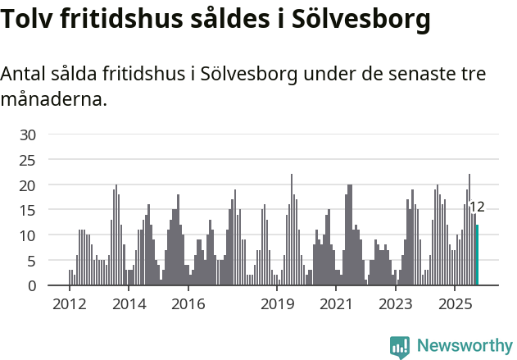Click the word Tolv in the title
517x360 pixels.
click(29, 19)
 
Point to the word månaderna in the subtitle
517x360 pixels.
click(53, 100)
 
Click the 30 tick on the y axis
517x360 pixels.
click(28, 134)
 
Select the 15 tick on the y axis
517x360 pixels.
click(28, 210)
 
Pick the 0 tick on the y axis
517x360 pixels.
click(32, 285)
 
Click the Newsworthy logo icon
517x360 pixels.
click(400, 347)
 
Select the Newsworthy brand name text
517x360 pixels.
click(464, 346)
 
